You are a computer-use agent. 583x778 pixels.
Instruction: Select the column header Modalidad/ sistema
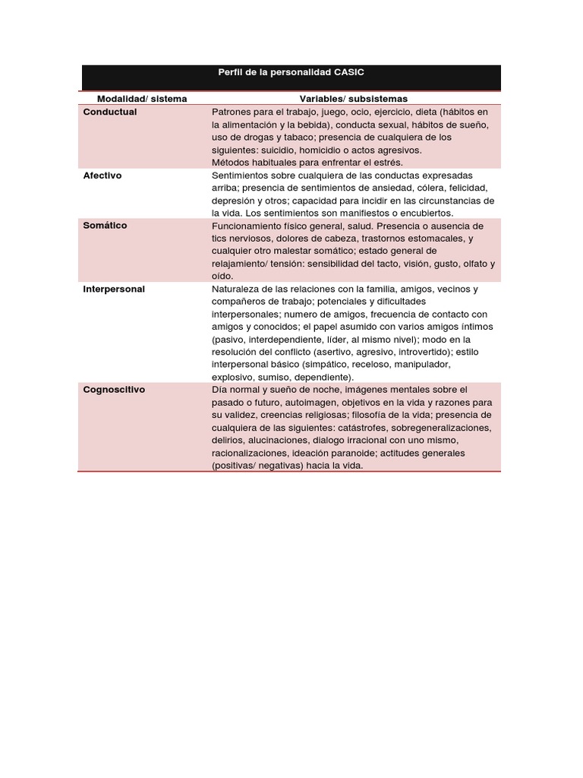[141, 99]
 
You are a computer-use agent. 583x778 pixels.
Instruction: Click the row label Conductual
[109, 112]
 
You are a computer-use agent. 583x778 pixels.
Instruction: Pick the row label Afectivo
[102, 175]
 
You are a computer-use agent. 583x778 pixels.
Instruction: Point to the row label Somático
[105, 226]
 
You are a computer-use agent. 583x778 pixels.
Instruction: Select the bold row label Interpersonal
[114, 289]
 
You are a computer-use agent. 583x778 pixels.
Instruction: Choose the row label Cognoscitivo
[114, 389]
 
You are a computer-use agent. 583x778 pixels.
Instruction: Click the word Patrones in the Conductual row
[231, 112]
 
